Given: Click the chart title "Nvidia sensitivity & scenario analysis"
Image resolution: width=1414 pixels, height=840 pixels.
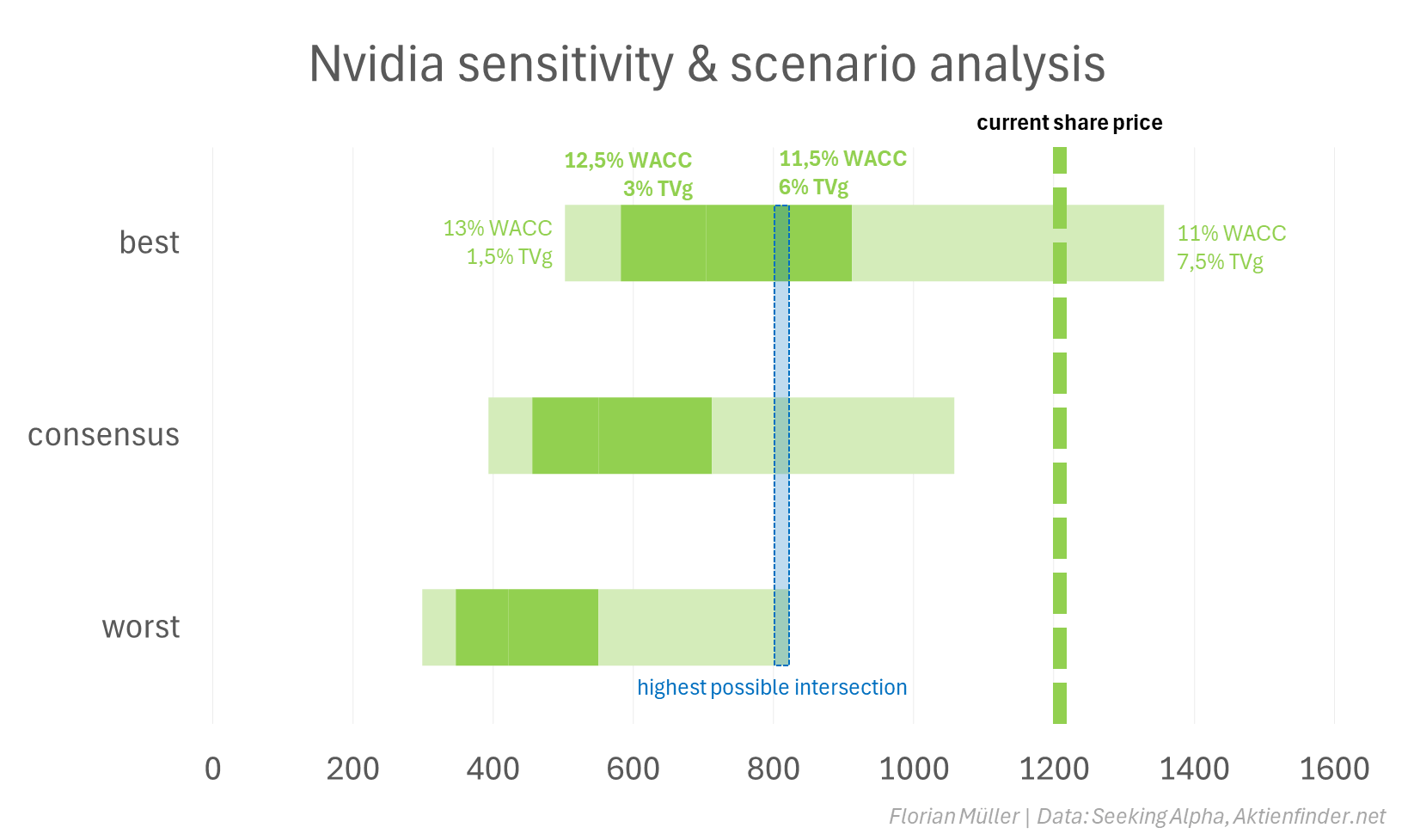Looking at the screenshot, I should [707, 64].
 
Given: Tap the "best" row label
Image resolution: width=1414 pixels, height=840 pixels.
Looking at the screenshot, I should [150, 243].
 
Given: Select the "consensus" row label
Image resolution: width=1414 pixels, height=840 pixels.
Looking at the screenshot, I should [104, 435].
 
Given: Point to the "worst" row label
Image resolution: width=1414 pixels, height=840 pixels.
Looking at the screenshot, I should [141, 628].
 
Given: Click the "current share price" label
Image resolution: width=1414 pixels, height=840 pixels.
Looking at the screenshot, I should [1069, 123].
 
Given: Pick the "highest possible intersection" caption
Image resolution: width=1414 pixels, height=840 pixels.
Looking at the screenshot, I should [772, 688].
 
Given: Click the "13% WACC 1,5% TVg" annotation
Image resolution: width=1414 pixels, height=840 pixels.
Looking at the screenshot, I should [498, 242].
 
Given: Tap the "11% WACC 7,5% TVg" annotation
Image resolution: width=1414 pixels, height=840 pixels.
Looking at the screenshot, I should [1231, 248].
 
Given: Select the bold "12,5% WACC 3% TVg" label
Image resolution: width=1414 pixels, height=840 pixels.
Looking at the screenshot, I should [628, 175].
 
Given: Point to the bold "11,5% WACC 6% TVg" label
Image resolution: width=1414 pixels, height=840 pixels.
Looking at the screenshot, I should [842, 173].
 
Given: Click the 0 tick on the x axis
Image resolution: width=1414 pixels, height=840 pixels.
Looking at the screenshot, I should [213, 769].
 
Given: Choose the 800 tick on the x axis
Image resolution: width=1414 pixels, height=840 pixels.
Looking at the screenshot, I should [773, 769].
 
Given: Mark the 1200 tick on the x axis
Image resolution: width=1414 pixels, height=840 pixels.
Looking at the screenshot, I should [1054, 769].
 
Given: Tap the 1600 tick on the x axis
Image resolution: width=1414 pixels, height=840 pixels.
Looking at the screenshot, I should [1334, 769].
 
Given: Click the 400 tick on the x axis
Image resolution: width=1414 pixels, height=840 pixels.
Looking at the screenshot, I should [493, 769].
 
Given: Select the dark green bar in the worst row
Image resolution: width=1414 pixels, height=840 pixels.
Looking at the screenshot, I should [526, 628].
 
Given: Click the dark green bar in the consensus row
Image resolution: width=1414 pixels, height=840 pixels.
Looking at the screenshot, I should [621, 435].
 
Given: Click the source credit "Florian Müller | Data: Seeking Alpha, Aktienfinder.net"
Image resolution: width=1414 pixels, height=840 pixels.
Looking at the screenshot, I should [1136, 816].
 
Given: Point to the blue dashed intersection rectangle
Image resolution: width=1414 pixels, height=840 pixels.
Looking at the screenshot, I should [781, 435].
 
